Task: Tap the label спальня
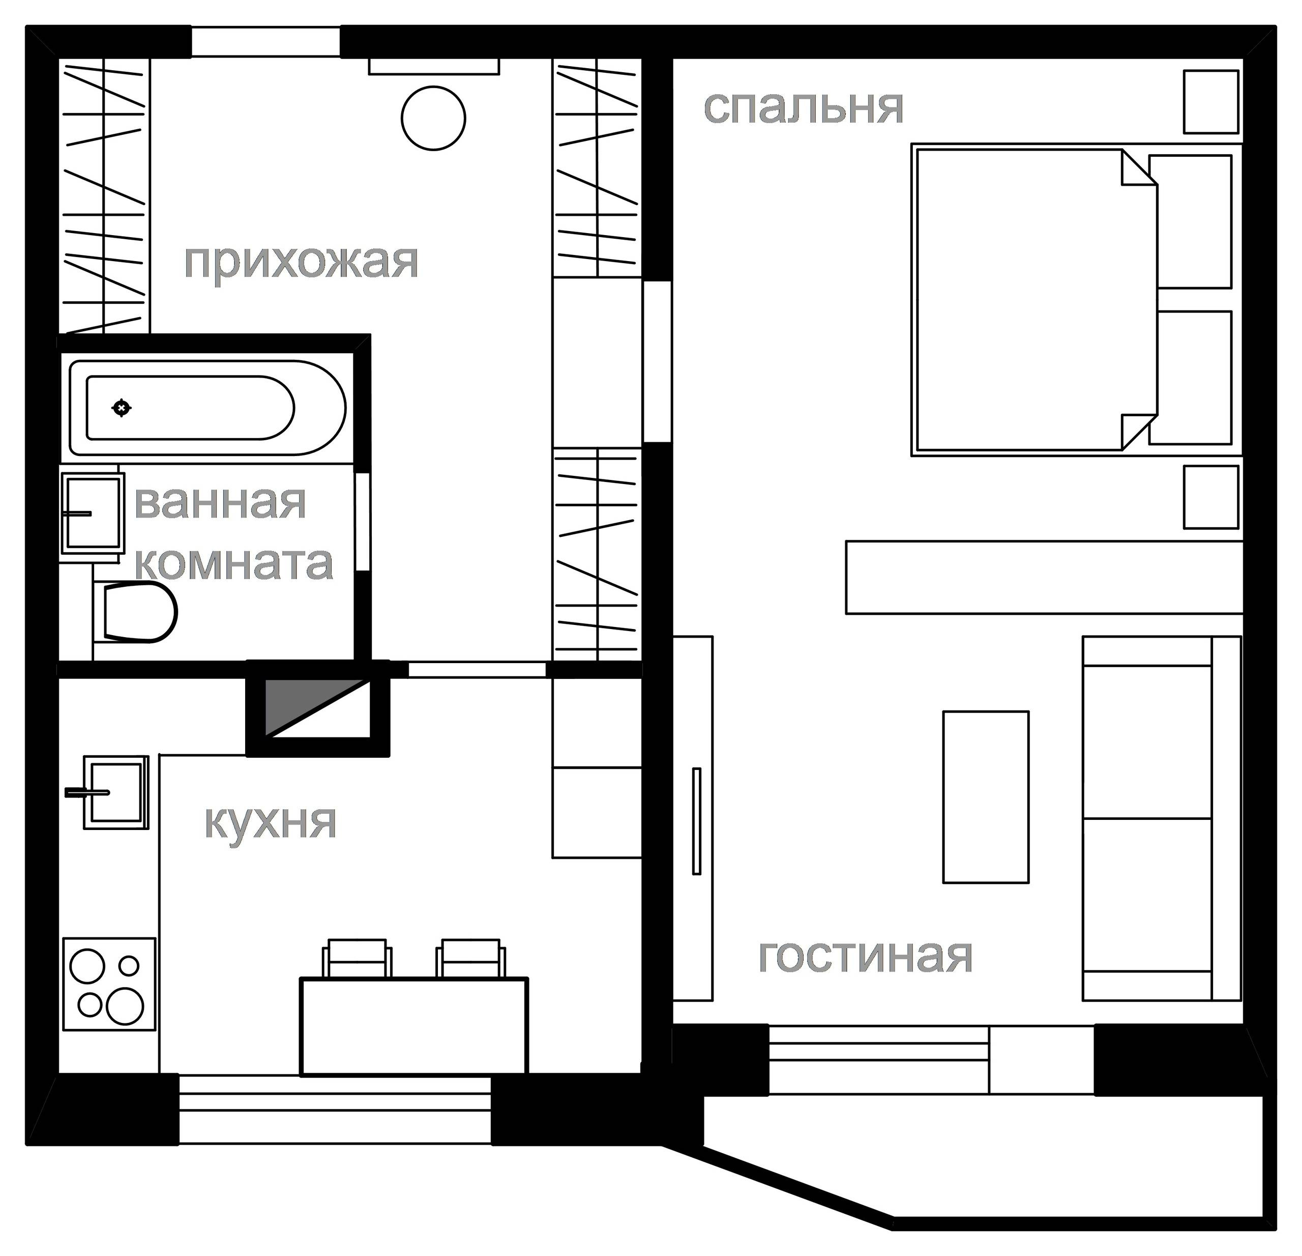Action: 804,108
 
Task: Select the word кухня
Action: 271,823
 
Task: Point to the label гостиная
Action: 866,956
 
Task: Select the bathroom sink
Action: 93,513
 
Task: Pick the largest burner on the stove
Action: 125,1006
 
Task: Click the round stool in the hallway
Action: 433,118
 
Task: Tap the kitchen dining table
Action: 415,1026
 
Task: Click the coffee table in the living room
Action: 986,797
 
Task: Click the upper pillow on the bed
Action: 1191,221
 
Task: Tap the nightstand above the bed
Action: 1211,102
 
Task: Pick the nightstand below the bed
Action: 1211,497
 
